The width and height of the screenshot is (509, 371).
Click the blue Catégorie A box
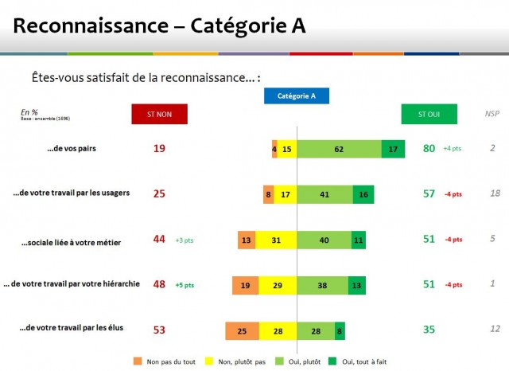coord(297,96)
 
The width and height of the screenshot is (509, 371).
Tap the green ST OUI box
coord(429,114)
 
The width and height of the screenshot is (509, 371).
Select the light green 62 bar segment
coord(339,149)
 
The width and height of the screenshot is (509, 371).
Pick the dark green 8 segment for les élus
coord(340,330)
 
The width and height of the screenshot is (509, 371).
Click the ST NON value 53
coord(158,330)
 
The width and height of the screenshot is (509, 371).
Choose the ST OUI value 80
coord(429,148)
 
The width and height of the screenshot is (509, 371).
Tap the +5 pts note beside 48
coord(185,285)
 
